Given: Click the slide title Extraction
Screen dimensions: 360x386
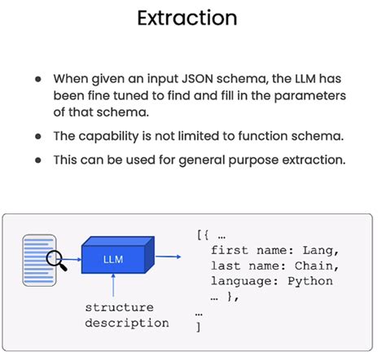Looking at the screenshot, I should click(x=193, y=17).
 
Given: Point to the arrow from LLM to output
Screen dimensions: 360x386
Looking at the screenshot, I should click(x=169, y=257).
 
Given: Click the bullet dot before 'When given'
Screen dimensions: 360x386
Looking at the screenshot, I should click(x=38, y=80).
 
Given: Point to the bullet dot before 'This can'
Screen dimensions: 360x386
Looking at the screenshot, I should click(x=38, y=160).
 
